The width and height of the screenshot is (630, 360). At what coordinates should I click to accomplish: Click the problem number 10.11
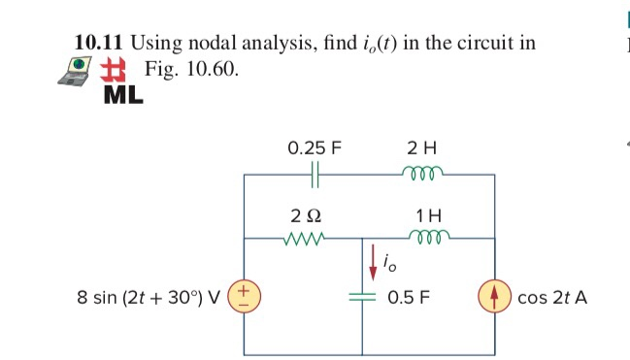coord(100,43)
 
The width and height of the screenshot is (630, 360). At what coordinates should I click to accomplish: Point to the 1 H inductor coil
coord(422,238)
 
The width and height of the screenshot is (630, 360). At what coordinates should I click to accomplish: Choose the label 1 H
coord(422,213)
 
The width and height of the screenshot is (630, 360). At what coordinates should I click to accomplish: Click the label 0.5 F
coord(408,296)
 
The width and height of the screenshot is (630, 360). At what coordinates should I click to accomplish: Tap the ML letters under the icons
coord(123,95)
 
